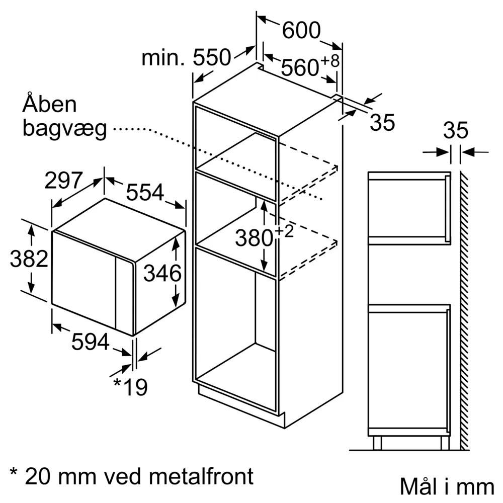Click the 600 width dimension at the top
(x=301, y=30)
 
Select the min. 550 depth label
(x=186, y=57)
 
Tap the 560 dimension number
(x=300, y=68)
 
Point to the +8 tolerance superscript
(x=329, y=61)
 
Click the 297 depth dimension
(x=63, y=180)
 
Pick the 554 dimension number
(x=145, y=192)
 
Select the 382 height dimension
(x=29, y=259)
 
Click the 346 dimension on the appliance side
(x=162, y=273)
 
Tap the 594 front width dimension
(x=91, y=342)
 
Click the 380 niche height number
(x=254, y=238)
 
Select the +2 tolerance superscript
(x=284, y=231)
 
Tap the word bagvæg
(x=64, y=129)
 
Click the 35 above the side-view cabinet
(x=456, y=130)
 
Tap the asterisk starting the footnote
(x=14, y=472)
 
